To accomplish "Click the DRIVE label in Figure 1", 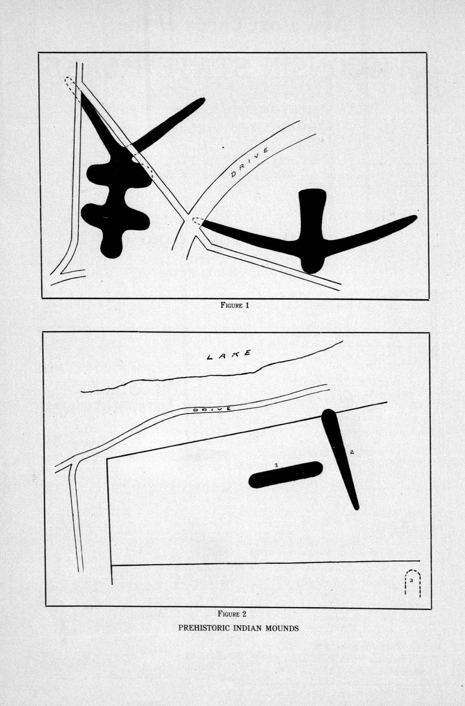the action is pyautogui.click(x=249, y=162).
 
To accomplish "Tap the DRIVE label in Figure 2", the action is pyautogui.click(x=212, y=409).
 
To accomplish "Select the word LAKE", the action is pyautogui.click(x=229, y=355).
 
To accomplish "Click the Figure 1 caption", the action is pyautogui.click(x=235, y=305).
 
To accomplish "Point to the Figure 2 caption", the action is pyautogui.click(x=232, y=613).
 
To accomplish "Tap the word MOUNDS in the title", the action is pyautogui.click(x=282, y=628).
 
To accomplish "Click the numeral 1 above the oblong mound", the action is pyautogui.click(x=276, y=465).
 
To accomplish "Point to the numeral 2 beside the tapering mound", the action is pyautogui.click(x=352, y=452).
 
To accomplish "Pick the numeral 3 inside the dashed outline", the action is pyautogui.click(x=412, y=580).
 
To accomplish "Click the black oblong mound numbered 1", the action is pyautogui.click(x=286, y=475).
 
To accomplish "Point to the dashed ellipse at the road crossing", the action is pyautogui.click(x=198, y=221).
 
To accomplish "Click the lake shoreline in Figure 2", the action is pyautogui.click(x=212, y=375).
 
